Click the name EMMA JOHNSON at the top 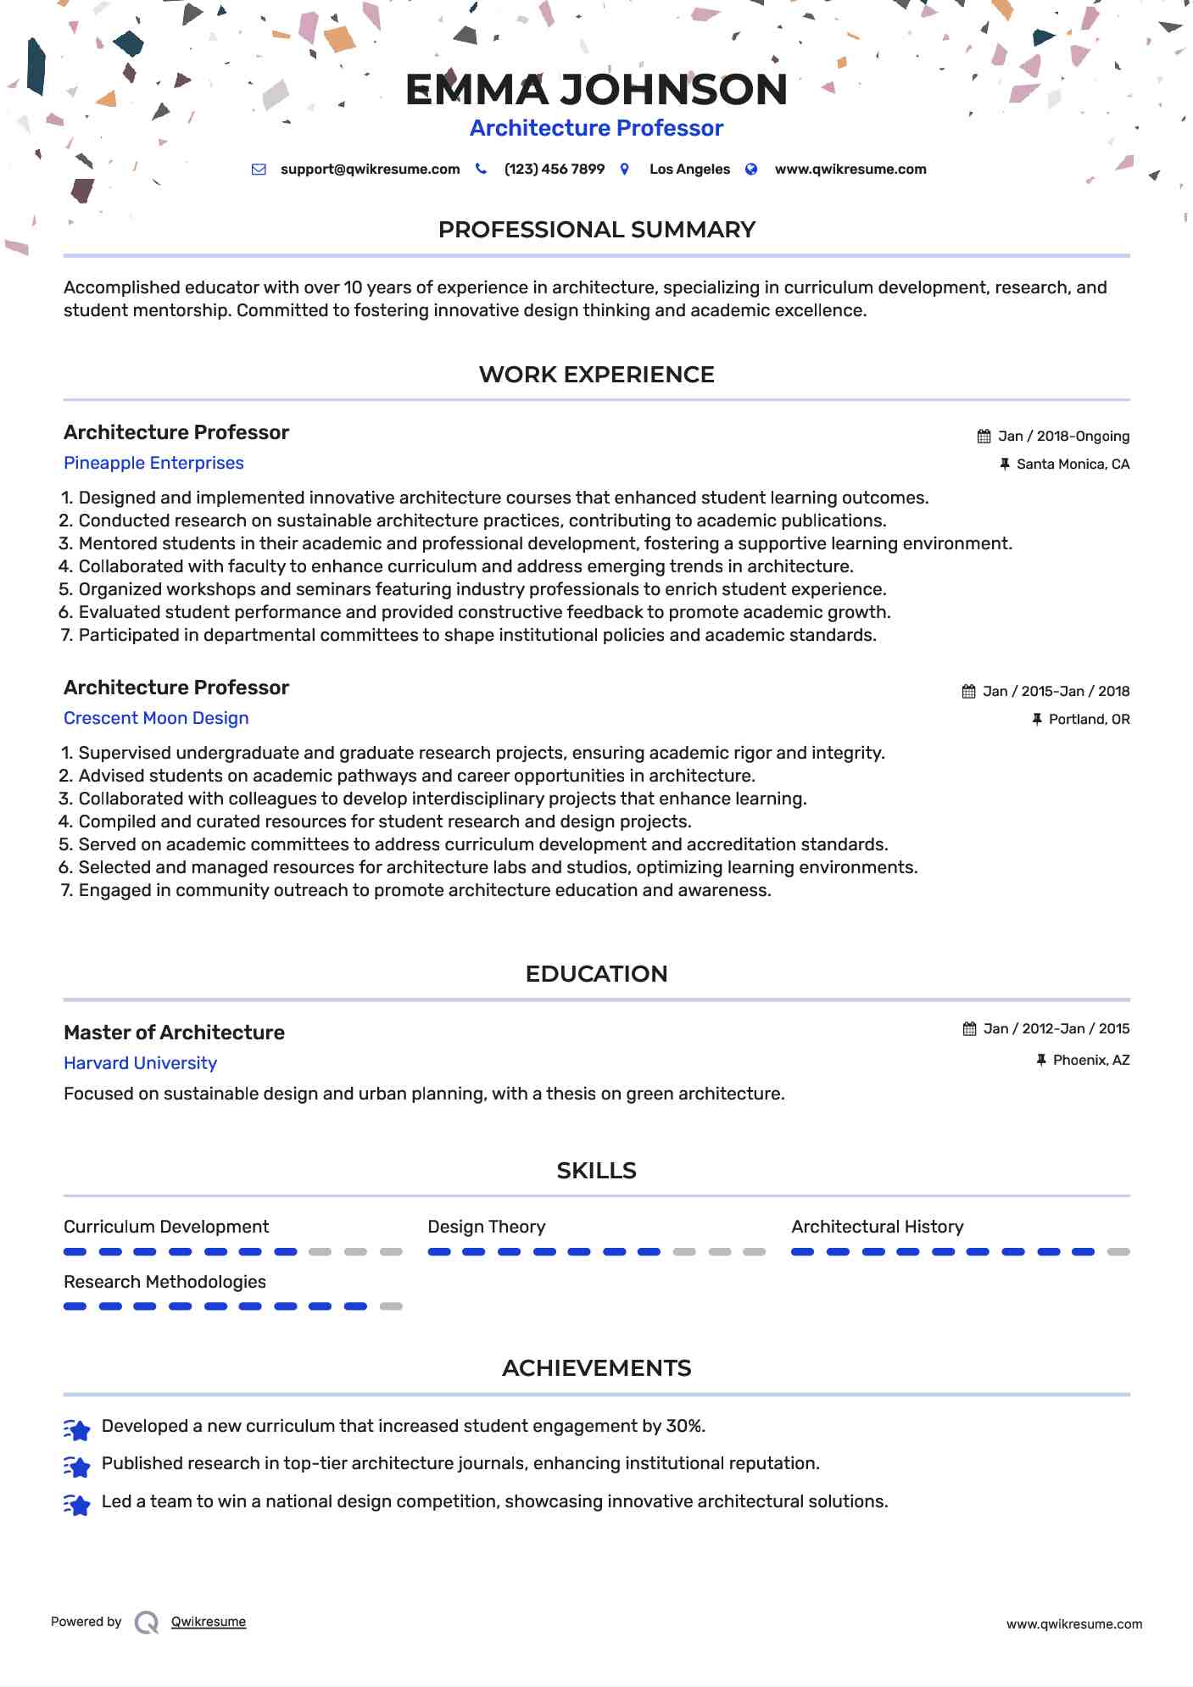click(596, 90)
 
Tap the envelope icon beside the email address click(259, 170)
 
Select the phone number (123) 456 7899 click(554, 170)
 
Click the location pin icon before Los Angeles click(625, 170)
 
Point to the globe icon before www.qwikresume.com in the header click(751, 170)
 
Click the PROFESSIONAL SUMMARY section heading click(596, 230)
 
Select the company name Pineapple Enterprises click(153, 463)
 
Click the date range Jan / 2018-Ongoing click(1062, 437)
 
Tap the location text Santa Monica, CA click(1073, 465)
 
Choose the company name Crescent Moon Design click(156, 718)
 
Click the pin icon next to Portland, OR click(1036, 720)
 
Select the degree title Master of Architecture click(174, 1033)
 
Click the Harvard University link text click(140, 1063)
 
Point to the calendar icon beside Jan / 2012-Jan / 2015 click(969, 1029)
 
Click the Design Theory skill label click(486, 1227)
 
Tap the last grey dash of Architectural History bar click(1118, 1252)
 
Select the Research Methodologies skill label click(164, 1282)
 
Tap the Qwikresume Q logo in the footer click(147, 1623)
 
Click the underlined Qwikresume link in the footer click(209, 1622)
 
